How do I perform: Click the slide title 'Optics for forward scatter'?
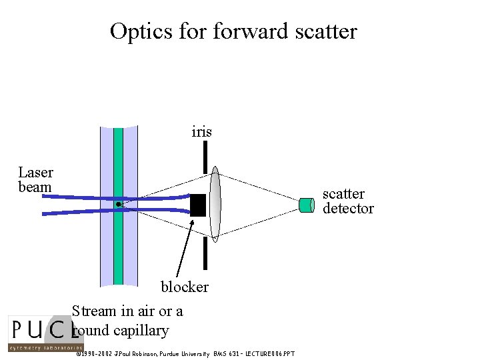[x=233, y=31]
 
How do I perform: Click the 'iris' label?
[x=201, y=132]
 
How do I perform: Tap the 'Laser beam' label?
[x=35, y=180]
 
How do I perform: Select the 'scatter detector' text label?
[x=347, y=201]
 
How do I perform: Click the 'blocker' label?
[x=184, y=287]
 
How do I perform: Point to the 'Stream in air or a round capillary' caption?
[x=127, y=320]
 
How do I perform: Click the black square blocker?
[x=198, y=205]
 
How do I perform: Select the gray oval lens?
[x=215, y=203]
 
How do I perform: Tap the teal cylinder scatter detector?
[x=307, y=205]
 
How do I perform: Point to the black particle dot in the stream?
[x=118, y=204]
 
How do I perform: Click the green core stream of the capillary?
[x=118, y=253]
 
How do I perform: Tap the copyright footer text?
[x=184, y=353]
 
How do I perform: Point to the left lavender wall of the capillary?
[x=106, y=253]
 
